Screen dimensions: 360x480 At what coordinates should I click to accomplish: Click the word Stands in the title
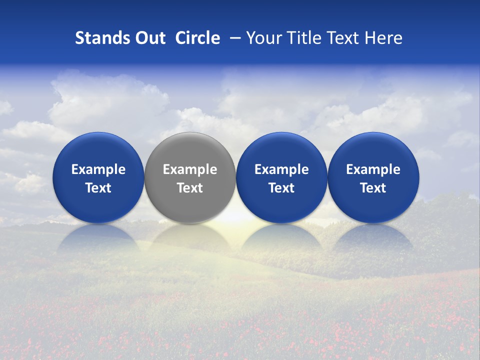[x=100, y=38]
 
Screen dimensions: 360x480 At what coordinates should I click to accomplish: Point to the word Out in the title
[x=148, y=38]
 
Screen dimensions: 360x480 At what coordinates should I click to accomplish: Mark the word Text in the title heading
[x=343, y=38]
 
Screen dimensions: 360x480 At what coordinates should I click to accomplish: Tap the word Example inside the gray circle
[x=190, y=169]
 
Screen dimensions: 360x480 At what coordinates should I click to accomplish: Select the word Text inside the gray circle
[x=190, y=188]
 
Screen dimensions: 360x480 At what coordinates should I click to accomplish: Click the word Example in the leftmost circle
[x=98, y=169]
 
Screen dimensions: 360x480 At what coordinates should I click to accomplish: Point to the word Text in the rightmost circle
[x=373, y=188]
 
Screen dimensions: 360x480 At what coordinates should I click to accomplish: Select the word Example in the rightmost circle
[x=373, y=169]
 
